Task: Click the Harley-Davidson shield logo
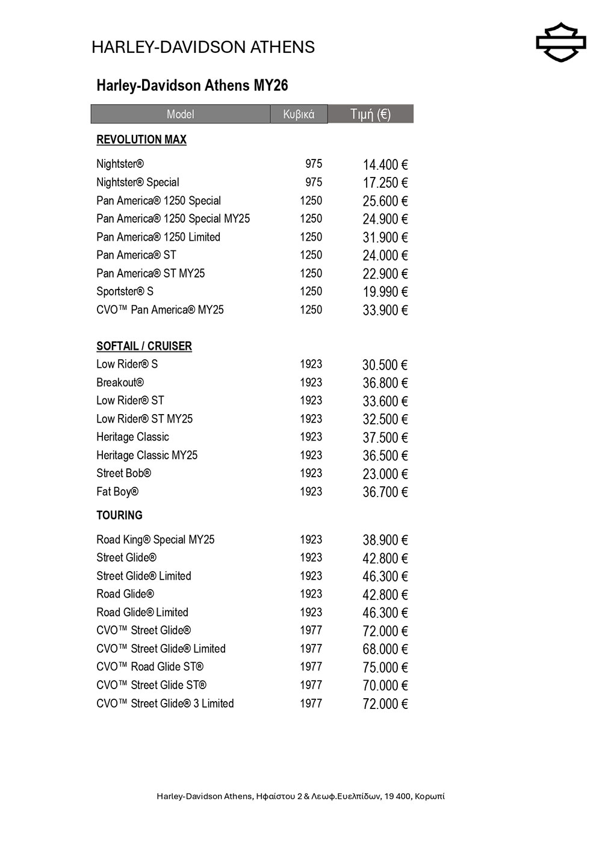[560, 43]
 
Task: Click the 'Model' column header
[180, 114]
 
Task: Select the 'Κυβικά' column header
[299, 114]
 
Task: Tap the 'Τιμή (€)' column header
[370, 114]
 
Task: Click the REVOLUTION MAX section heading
[141, 140]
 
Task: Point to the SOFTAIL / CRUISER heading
[144, 346]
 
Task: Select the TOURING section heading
[119, 515]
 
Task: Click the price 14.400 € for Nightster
[385, 165]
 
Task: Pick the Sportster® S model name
[125, 291]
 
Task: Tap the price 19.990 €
[385, 292]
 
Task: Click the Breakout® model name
[120, 382]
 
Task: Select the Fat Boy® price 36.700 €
[385, 492]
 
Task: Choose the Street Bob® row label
[123, 474]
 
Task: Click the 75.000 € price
[385, 667]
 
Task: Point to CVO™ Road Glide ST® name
[150, 667]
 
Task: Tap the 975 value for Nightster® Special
[313, 182]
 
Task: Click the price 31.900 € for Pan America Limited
[385, 238]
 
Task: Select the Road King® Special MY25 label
[155, 540]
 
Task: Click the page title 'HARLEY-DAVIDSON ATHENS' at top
[203, 47]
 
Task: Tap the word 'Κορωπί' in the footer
[430, 796]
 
